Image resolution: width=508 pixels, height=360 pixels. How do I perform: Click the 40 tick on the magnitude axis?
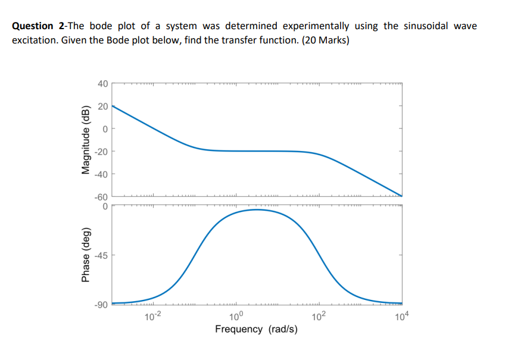(102, 84)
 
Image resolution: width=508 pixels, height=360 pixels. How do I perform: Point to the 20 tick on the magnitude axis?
(102, 106)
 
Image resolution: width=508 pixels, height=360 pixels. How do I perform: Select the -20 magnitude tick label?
(101, 151)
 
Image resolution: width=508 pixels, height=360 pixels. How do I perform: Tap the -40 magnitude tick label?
(101, 174)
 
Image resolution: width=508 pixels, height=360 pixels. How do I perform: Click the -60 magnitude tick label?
(101, 196)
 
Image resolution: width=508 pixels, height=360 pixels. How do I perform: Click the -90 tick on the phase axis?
(101, 305)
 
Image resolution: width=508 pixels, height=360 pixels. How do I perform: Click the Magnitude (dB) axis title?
(85, 140)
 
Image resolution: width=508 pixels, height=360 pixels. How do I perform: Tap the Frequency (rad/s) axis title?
(256, 329)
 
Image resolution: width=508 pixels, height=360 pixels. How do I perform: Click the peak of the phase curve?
(257, 209)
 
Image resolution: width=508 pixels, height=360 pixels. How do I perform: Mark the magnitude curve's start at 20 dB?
(113, 106)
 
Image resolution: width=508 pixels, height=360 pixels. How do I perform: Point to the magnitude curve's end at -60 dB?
(401, 196)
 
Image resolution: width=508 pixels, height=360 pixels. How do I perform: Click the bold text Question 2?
(39, 26)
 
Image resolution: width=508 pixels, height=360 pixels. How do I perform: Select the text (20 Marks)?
(326, 42)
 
